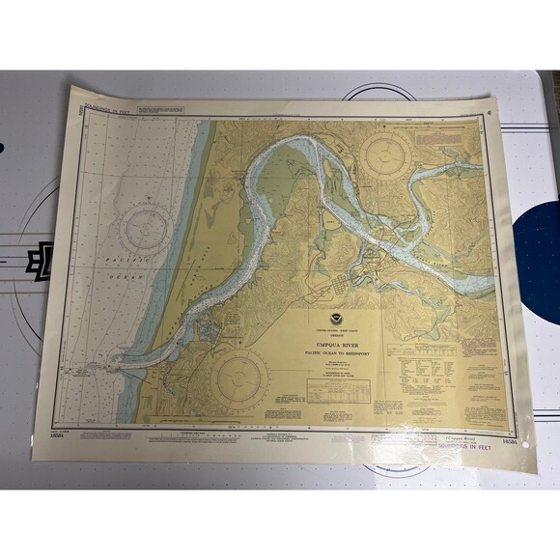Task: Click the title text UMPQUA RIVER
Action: (x=336, y=340)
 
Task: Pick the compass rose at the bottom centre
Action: (x=238, y=379)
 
